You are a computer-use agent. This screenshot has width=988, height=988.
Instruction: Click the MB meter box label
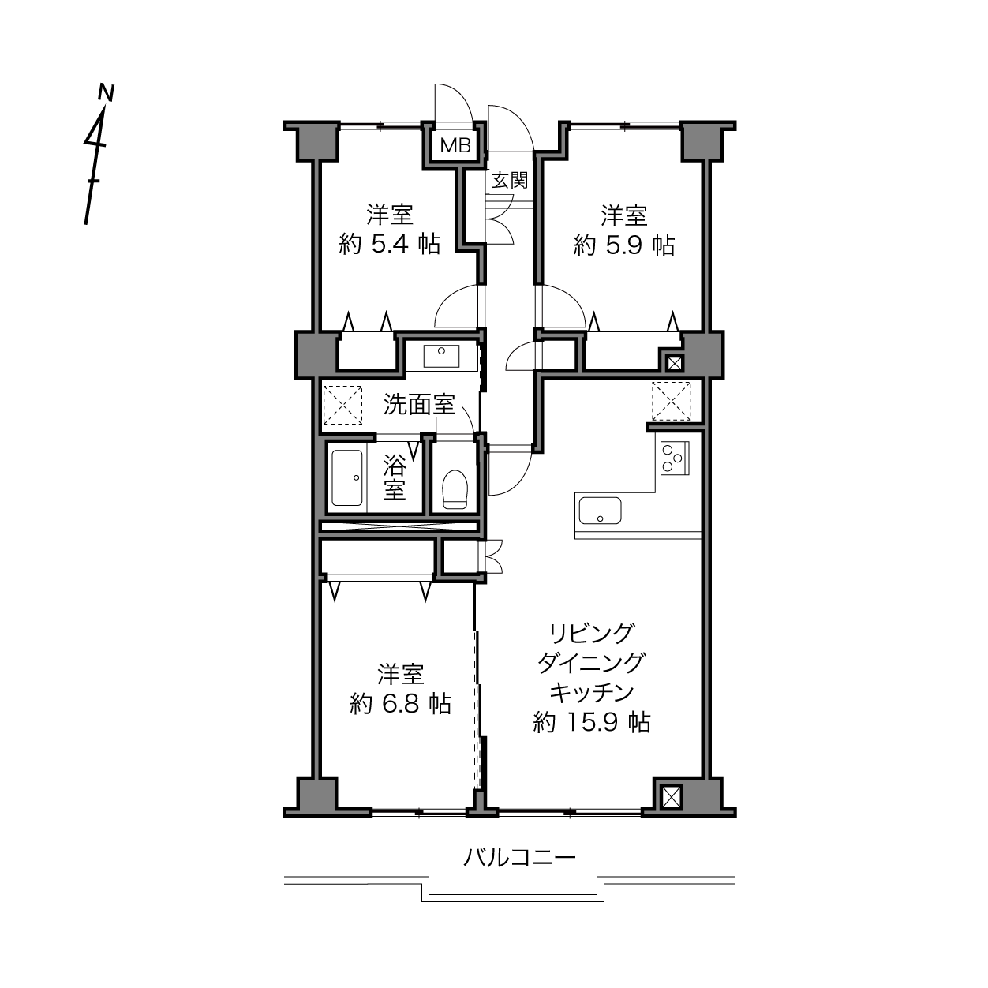455,146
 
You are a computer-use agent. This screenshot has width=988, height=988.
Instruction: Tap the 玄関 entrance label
509,180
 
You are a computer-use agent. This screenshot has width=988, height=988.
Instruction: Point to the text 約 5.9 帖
624,245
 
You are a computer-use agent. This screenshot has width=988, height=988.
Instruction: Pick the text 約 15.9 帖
592,722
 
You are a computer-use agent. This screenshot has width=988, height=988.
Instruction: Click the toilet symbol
455,489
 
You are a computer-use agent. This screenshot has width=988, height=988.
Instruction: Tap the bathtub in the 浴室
347,478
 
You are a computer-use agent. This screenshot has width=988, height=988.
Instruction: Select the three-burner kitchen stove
675,458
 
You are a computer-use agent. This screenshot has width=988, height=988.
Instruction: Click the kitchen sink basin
600,510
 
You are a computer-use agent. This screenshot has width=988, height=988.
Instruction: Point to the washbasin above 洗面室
441,356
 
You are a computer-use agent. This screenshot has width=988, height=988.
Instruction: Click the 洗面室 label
419,405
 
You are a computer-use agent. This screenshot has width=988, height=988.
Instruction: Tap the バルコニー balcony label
519,857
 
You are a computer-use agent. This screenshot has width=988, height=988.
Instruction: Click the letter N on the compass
106,92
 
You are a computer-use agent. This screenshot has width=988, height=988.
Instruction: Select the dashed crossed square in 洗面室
342,405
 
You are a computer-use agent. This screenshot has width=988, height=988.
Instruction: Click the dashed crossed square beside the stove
671,400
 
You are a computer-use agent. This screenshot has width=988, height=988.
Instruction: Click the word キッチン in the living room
592,692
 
